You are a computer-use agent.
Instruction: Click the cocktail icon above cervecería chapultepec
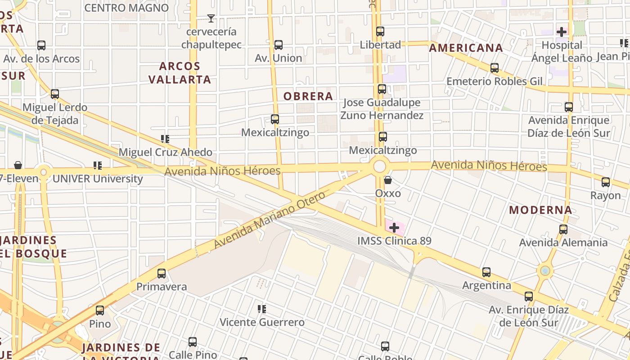211,18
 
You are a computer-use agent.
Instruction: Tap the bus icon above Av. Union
279,45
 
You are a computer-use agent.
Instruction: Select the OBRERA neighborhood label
308,96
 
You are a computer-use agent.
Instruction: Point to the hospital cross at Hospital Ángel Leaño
562,32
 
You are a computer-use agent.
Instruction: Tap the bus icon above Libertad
380,31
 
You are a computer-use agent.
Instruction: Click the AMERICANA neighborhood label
466,48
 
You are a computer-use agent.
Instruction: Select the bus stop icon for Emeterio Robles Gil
495,68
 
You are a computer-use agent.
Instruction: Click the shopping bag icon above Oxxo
388,180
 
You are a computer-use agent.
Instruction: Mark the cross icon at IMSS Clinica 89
394,228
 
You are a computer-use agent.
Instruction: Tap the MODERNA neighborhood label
540,210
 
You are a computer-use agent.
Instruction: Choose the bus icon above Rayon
606,182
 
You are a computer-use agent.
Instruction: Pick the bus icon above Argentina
486,272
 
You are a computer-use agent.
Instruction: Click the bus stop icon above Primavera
162,274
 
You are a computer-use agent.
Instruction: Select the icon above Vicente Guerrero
262,309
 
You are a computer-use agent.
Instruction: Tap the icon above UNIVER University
98,166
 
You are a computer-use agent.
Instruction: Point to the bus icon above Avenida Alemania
563,229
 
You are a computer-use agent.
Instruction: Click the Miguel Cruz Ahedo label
165,152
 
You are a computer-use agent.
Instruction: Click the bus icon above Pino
100,310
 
